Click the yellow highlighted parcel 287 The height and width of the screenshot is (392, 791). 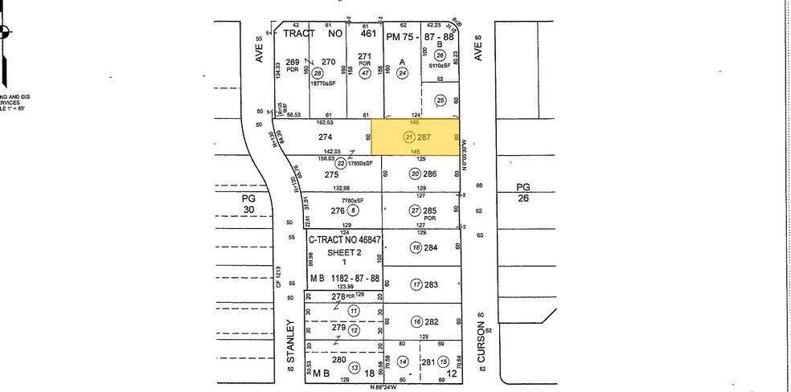[x=414, y=137]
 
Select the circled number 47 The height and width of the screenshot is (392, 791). [x=365, y=73]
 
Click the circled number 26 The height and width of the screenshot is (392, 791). [x=440, y=55]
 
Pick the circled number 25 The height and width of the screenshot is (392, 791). [x=440, y=100]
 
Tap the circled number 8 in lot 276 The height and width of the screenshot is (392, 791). [x=352, y=210]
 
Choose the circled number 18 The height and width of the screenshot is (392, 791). [x=416, y=247]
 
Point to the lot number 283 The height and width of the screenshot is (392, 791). [x=431, y=284]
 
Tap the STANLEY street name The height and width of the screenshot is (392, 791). [x=293, y=344]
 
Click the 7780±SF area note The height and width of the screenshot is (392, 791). [x=351, y=200]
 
